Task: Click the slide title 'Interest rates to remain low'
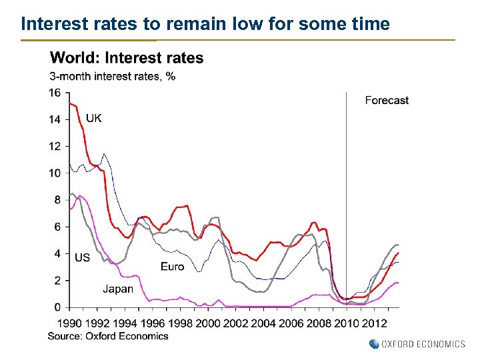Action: pos(205,25)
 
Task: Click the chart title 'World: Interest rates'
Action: pos(127,58)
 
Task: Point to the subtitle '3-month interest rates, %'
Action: pos(113,76)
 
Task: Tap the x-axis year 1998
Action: pos(181,323)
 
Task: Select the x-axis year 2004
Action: pos(263,323)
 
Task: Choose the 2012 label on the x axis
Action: pos(373,323)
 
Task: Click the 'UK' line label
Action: pos(94,118)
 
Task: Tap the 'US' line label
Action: pos(82,257)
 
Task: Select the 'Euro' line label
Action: pos(172,267)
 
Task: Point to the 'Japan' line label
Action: pos(117,289)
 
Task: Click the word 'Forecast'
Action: pos(387,101)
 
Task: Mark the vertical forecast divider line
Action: pos(346,200)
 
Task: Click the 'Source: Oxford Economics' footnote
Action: pos(108,336)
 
